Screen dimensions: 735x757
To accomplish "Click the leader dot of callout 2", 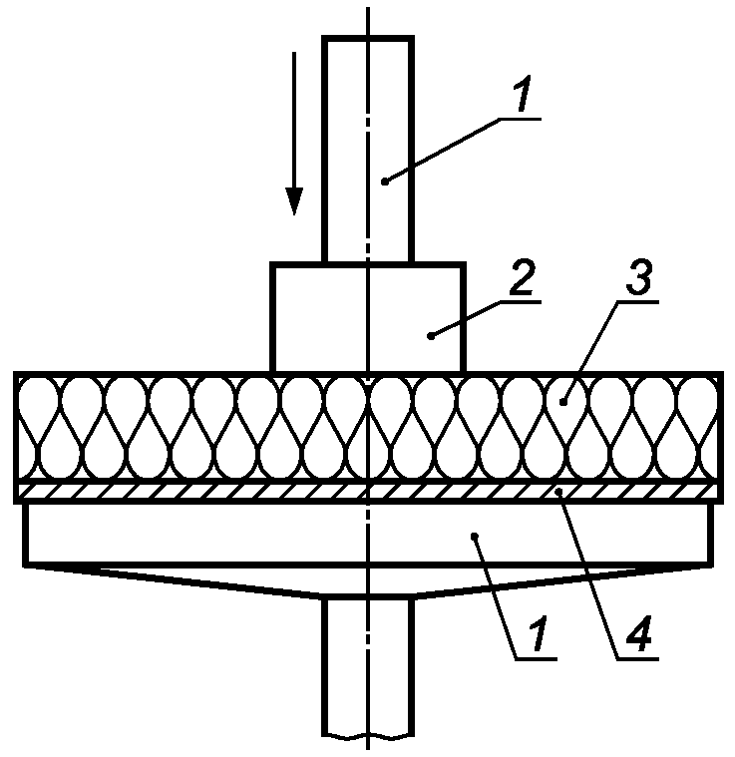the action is coord(430,336).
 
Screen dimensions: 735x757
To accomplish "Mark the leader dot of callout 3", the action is coord(563,401).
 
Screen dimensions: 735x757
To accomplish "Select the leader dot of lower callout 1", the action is coord(477,537).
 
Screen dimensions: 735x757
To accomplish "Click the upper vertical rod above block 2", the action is coord(368,150).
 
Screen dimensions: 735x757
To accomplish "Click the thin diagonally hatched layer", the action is coord(199,491).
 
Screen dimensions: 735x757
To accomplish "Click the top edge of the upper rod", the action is coord(368,37).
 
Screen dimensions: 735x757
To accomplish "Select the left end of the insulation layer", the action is coord(16,429).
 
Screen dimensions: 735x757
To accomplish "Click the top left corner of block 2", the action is coord(273,264).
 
